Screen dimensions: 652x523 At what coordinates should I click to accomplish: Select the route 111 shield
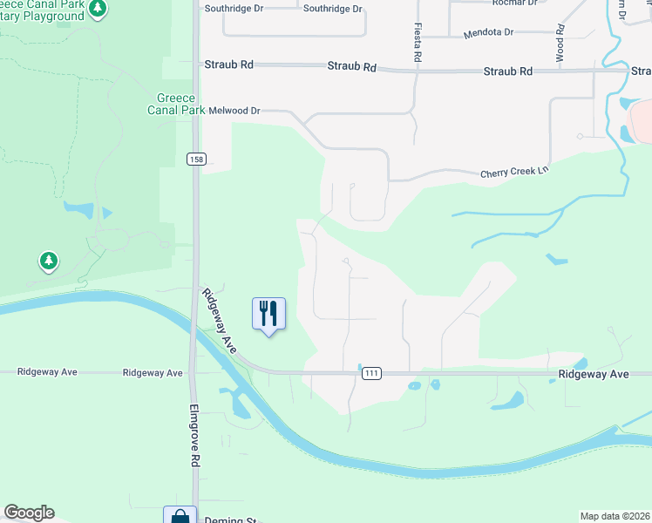pyautogui.click(x=371, y=373)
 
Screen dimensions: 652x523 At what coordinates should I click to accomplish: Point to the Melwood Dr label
pyautogui.click(x=234, y=111)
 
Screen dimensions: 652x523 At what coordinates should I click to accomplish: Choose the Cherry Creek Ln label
pyautogui.click(x=514, y=173)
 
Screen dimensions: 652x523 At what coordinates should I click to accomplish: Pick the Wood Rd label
pyautogui.click(x=560, y=44)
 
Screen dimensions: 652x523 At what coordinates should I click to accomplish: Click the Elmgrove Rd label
pyautogui.click(x=194, y=436)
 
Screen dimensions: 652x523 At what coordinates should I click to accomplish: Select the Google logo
pyautogui.click(x=29, y=513)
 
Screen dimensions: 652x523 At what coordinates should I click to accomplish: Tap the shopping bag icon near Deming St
pyautogui.click(x=180, y=516)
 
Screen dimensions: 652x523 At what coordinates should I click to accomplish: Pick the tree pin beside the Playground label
pyautogui.click(x=98, y=9)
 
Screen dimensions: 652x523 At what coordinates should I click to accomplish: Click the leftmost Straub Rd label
pyautogui.click(x=228, y=65)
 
